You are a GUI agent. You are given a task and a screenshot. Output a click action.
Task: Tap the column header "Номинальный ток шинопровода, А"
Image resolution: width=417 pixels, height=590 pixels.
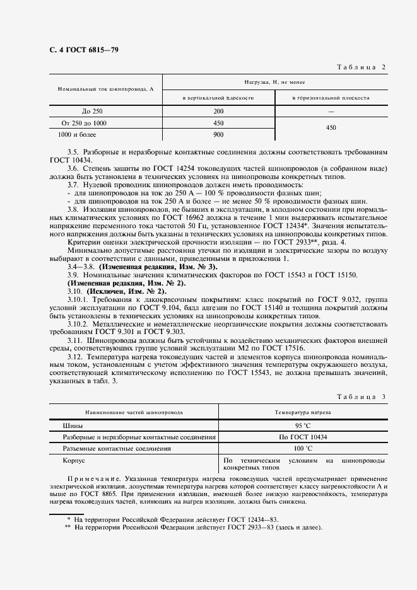[106, 90]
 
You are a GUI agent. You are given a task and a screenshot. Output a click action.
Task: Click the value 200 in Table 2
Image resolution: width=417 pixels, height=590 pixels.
[218, 111]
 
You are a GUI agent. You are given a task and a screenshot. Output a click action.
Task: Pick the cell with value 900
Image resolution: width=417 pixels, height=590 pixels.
[218, 134]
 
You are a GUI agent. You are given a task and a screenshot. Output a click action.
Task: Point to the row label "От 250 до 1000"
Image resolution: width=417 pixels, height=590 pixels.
[84, 123]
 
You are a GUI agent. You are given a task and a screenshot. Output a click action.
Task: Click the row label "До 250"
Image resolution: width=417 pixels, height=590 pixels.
[83, 111]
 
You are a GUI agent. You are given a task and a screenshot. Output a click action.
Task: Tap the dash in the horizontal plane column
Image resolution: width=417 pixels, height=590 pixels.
[331, 111]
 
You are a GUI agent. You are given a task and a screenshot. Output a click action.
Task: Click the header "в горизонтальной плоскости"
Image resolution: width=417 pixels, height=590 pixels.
[331, 98]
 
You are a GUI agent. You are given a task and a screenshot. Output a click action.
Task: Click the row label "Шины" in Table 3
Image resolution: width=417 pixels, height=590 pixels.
[73, 425]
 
